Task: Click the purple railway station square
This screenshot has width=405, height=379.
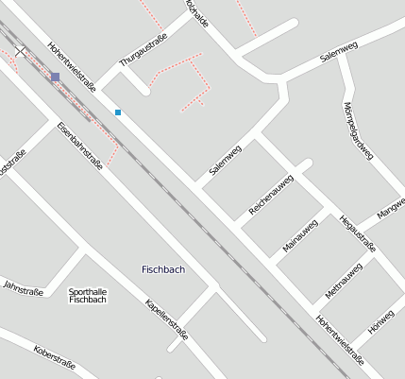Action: click(56, 77)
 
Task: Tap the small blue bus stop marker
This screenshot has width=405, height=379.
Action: click(118, 112)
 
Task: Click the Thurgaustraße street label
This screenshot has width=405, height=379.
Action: click(143, 48)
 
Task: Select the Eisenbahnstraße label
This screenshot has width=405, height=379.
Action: click(79, 145)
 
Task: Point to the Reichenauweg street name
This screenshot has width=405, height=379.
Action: click(271, 197)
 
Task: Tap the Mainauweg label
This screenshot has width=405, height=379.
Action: click(301, 235)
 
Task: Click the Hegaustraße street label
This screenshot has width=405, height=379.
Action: click(358, 234)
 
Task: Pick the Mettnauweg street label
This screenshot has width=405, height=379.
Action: click(344, 281)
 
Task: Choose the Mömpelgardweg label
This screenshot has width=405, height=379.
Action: click(359, 131)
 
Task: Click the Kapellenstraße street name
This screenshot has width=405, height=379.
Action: click(166, 319)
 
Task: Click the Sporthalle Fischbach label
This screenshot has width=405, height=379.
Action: click(88, 295)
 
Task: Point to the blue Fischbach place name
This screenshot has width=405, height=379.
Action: click(162, 269)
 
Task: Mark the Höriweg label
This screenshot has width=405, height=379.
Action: click(382, 320)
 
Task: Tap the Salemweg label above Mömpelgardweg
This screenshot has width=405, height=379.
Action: click(338, 52)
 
